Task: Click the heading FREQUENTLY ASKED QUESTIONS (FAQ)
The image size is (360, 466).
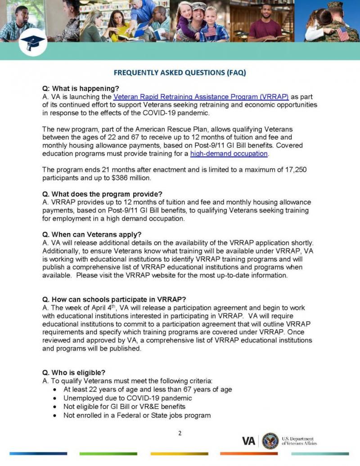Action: coord(180,72)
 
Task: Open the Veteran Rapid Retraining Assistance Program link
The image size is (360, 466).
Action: coord(201,97)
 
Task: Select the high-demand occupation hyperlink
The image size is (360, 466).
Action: coord(229,154)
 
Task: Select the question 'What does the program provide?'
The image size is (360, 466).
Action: coord(102,194)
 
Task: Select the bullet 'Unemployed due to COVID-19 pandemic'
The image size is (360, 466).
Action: coord(128,398)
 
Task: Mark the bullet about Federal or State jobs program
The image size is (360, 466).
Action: coord(137,415)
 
